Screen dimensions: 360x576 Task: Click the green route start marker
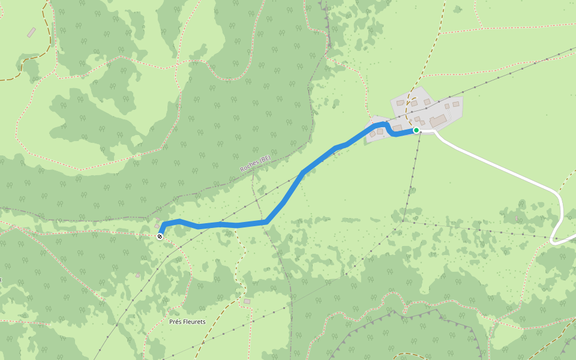(x=416, y=130)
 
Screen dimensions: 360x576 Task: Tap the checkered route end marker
(x=160, y=236)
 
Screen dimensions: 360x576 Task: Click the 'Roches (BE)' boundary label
(x=256, y=164)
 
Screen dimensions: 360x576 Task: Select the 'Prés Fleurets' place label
(x=187, y=322)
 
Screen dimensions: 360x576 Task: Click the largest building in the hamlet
(x=437, y=121)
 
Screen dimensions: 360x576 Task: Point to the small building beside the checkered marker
(x=157, y=226)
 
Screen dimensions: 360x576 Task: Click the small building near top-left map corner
(x=31, y=32)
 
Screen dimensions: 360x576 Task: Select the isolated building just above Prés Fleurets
(x=247, y=301)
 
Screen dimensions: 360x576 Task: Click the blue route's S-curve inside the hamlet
(x=389, y=128)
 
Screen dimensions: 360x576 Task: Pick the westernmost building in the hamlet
(x=373, y=134)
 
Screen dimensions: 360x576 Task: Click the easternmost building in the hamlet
(x=455, y=104)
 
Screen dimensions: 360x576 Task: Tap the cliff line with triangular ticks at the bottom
(x=384, y=315)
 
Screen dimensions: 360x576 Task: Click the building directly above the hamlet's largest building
(x=447, y=106)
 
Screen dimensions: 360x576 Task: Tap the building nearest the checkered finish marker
(x=157, y=226)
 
